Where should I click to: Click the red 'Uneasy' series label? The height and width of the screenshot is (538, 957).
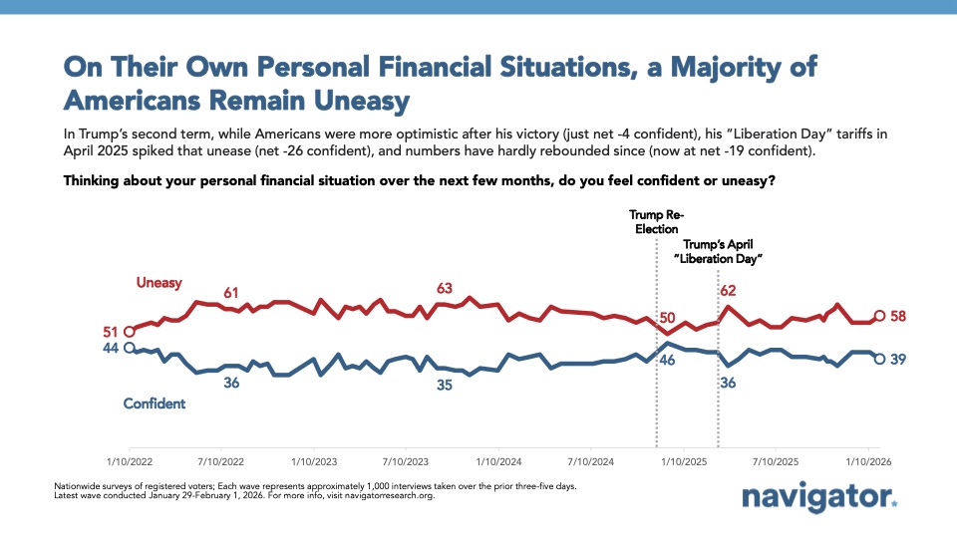pyautogui.click(x=159, y=283)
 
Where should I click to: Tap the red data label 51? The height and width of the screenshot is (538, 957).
pyautogui.click(x=110, y=332)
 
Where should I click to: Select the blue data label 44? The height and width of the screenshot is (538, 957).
pyautogui.click(x=110, y=349)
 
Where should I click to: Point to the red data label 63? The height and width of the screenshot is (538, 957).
pyautogui.click(x=445, y=288)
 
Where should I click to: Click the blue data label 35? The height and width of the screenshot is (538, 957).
pyautogui.click(x=445, y=385)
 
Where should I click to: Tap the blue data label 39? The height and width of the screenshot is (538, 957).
pyautogui.click(x=897, y=359)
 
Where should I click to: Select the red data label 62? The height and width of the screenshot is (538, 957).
pyautogui.click(x=728, y=291)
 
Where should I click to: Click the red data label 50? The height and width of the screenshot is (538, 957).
pyautogui.click(x=667, y=318)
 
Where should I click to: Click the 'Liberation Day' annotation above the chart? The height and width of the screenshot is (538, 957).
pyautogui.click(x=723, y=250)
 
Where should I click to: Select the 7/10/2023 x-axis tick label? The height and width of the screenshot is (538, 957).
pyautogui.click(x=406, y=462)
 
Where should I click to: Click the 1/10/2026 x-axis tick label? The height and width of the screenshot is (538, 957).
pyautogui.click(x=867, y=462)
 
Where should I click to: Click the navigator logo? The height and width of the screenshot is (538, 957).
pyautogui.click(x=819, y=497)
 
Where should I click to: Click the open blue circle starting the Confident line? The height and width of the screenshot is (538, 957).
pyautogui.click(x=129, y=348)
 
